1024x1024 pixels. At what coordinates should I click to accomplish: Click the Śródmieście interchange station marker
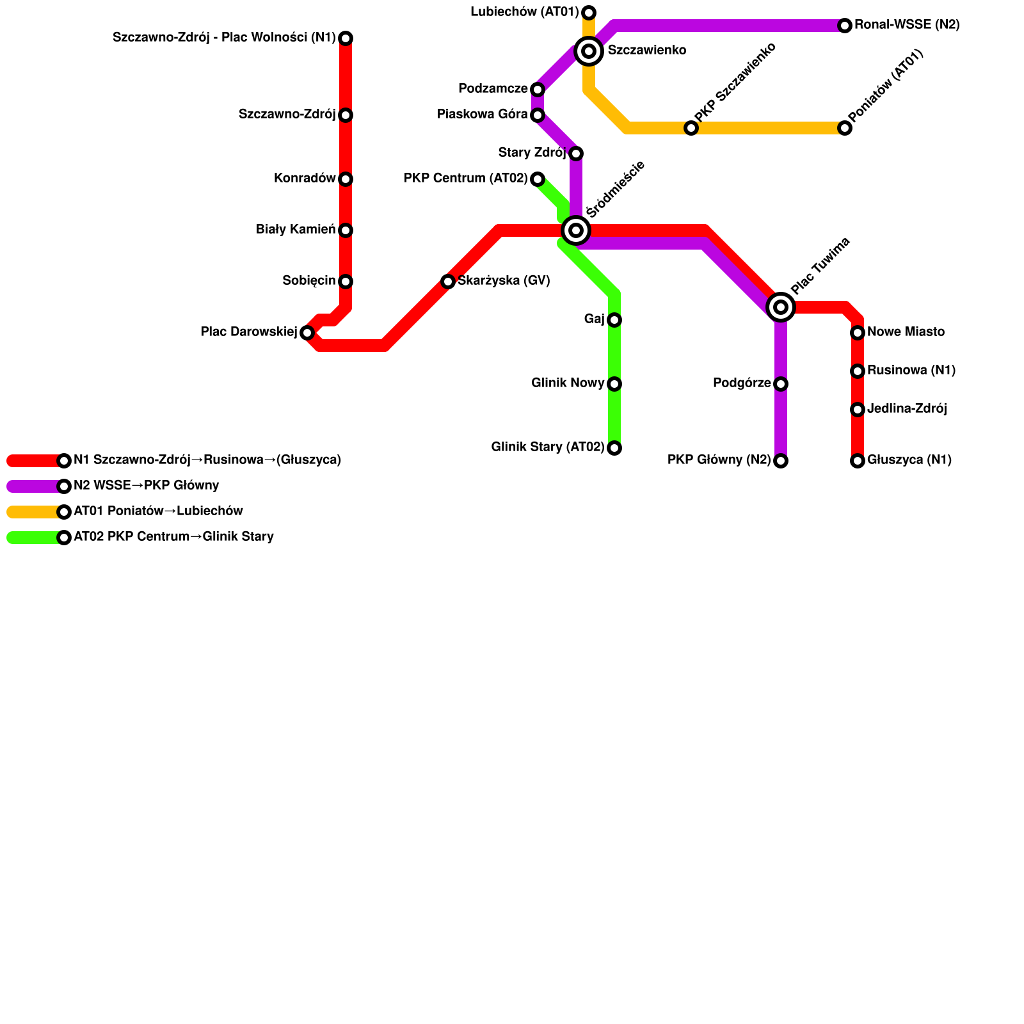tap(576, 230)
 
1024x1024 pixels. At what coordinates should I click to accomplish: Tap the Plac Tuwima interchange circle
tap(781, 307)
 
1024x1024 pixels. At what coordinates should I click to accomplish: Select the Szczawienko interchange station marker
tap(589, 51)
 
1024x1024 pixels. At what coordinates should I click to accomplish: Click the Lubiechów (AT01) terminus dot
tap(589, 12)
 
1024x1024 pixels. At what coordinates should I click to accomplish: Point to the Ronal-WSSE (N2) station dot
tap(845, 26)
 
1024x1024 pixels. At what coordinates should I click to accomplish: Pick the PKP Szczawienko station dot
tap(691, 128)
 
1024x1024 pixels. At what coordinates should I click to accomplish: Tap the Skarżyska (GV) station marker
tap(448, 282)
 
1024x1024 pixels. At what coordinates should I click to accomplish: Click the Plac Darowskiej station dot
tap(307, 333)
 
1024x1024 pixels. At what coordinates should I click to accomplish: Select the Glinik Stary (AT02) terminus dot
tap(614, 448)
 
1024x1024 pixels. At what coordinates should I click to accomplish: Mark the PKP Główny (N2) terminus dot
tap(781, 461)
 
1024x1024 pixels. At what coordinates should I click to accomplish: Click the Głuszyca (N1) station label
tap(909, 460)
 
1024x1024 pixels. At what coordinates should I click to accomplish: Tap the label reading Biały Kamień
tap(296, 230)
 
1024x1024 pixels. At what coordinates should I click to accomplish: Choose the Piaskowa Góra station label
tap(482, 115)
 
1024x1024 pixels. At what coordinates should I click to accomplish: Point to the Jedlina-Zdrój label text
tap(907, 409)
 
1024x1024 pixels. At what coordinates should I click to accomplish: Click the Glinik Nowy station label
tap(568, 383)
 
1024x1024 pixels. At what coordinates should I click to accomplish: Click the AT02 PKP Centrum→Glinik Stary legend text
tap(173, 537)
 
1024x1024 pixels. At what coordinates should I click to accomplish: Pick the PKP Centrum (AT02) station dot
tap(538, 179)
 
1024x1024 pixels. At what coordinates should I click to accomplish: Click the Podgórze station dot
tap(781, 384)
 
